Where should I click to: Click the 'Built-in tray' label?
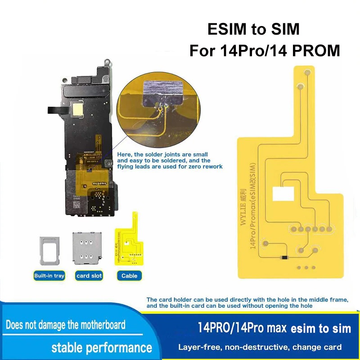pyautogui.click(x=49, y=275)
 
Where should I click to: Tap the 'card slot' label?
pyautogui.click(x=89, y=275)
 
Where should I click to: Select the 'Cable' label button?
pyautogui.click(x=129, y=275)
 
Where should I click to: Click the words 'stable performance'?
pyautogui.click(x=101, y=347)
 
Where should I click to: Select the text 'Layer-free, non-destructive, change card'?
pyautogui.click(x=260, y=347)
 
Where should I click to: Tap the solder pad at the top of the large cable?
pyautogui.click(x=307, y=72)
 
